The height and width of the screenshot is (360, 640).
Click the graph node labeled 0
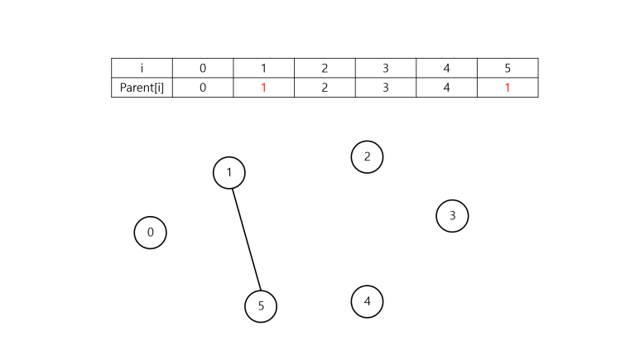pos(150,233)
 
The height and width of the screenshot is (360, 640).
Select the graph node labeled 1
pos(229,173)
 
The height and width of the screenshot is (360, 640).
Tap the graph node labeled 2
pos(367,156)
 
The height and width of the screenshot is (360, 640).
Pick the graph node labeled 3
pos(452,216)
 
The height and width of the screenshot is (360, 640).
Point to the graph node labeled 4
pos(367,301)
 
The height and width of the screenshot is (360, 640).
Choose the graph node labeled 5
pos(261,306)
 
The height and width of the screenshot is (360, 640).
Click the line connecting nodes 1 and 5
pos(246,240)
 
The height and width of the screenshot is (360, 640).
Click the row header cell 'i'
pos(142,68)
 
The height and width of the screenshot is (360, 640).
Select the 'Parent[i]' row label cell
pos(142,87)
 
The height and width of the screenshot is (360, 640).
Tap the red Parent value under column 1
pos(263,87)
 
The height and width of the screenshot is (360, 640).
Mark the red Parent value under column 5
pos(508,87)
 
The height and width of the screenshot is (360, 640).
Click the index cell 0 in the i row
pos(203,68)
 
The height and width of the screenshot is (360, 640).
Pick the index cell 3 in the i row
pos(386,68)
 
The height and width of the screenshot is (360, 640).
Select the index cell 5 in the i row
pos(508,68)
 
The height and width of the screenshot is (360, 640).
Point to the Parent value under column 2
pos(325,87)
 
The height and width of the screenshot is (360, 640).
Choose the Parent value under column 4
pos(447,87)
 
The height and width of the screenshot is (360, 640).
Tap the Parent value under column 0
pos(203,87)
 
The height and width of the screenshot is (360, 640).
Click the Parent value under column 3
pos(386,87)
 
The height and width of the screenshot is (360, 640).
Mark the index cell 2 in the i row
pos(325,68)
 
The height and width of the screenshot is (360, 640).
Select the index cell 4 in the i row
pos(447,68)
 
